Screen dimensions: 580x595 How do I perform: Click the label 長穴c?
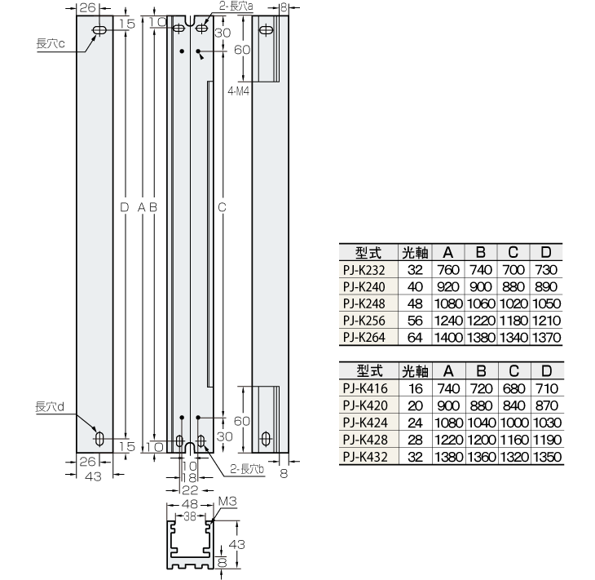tap(50, 43)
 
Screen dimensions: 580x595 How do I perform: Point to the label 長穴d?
tap(50, 406)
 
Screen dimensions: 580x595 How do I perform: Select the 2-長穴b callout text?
tap(247, 468)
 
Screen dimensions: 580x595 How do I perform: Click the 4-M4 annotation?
tap(239, 91)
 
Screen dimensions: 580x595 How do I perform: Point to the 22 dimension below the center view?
tap(189, 489)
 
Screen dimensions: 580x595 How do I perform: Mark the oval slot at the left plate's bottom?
tap(99, 439)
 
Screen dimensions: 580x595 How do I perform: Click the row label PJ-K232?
tap(365, 268)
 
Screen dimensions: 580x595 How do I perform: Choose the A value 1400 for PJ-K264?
tap(448, 337)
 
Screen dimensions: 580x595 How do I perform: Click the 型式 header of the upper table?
tap(365, 251)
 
